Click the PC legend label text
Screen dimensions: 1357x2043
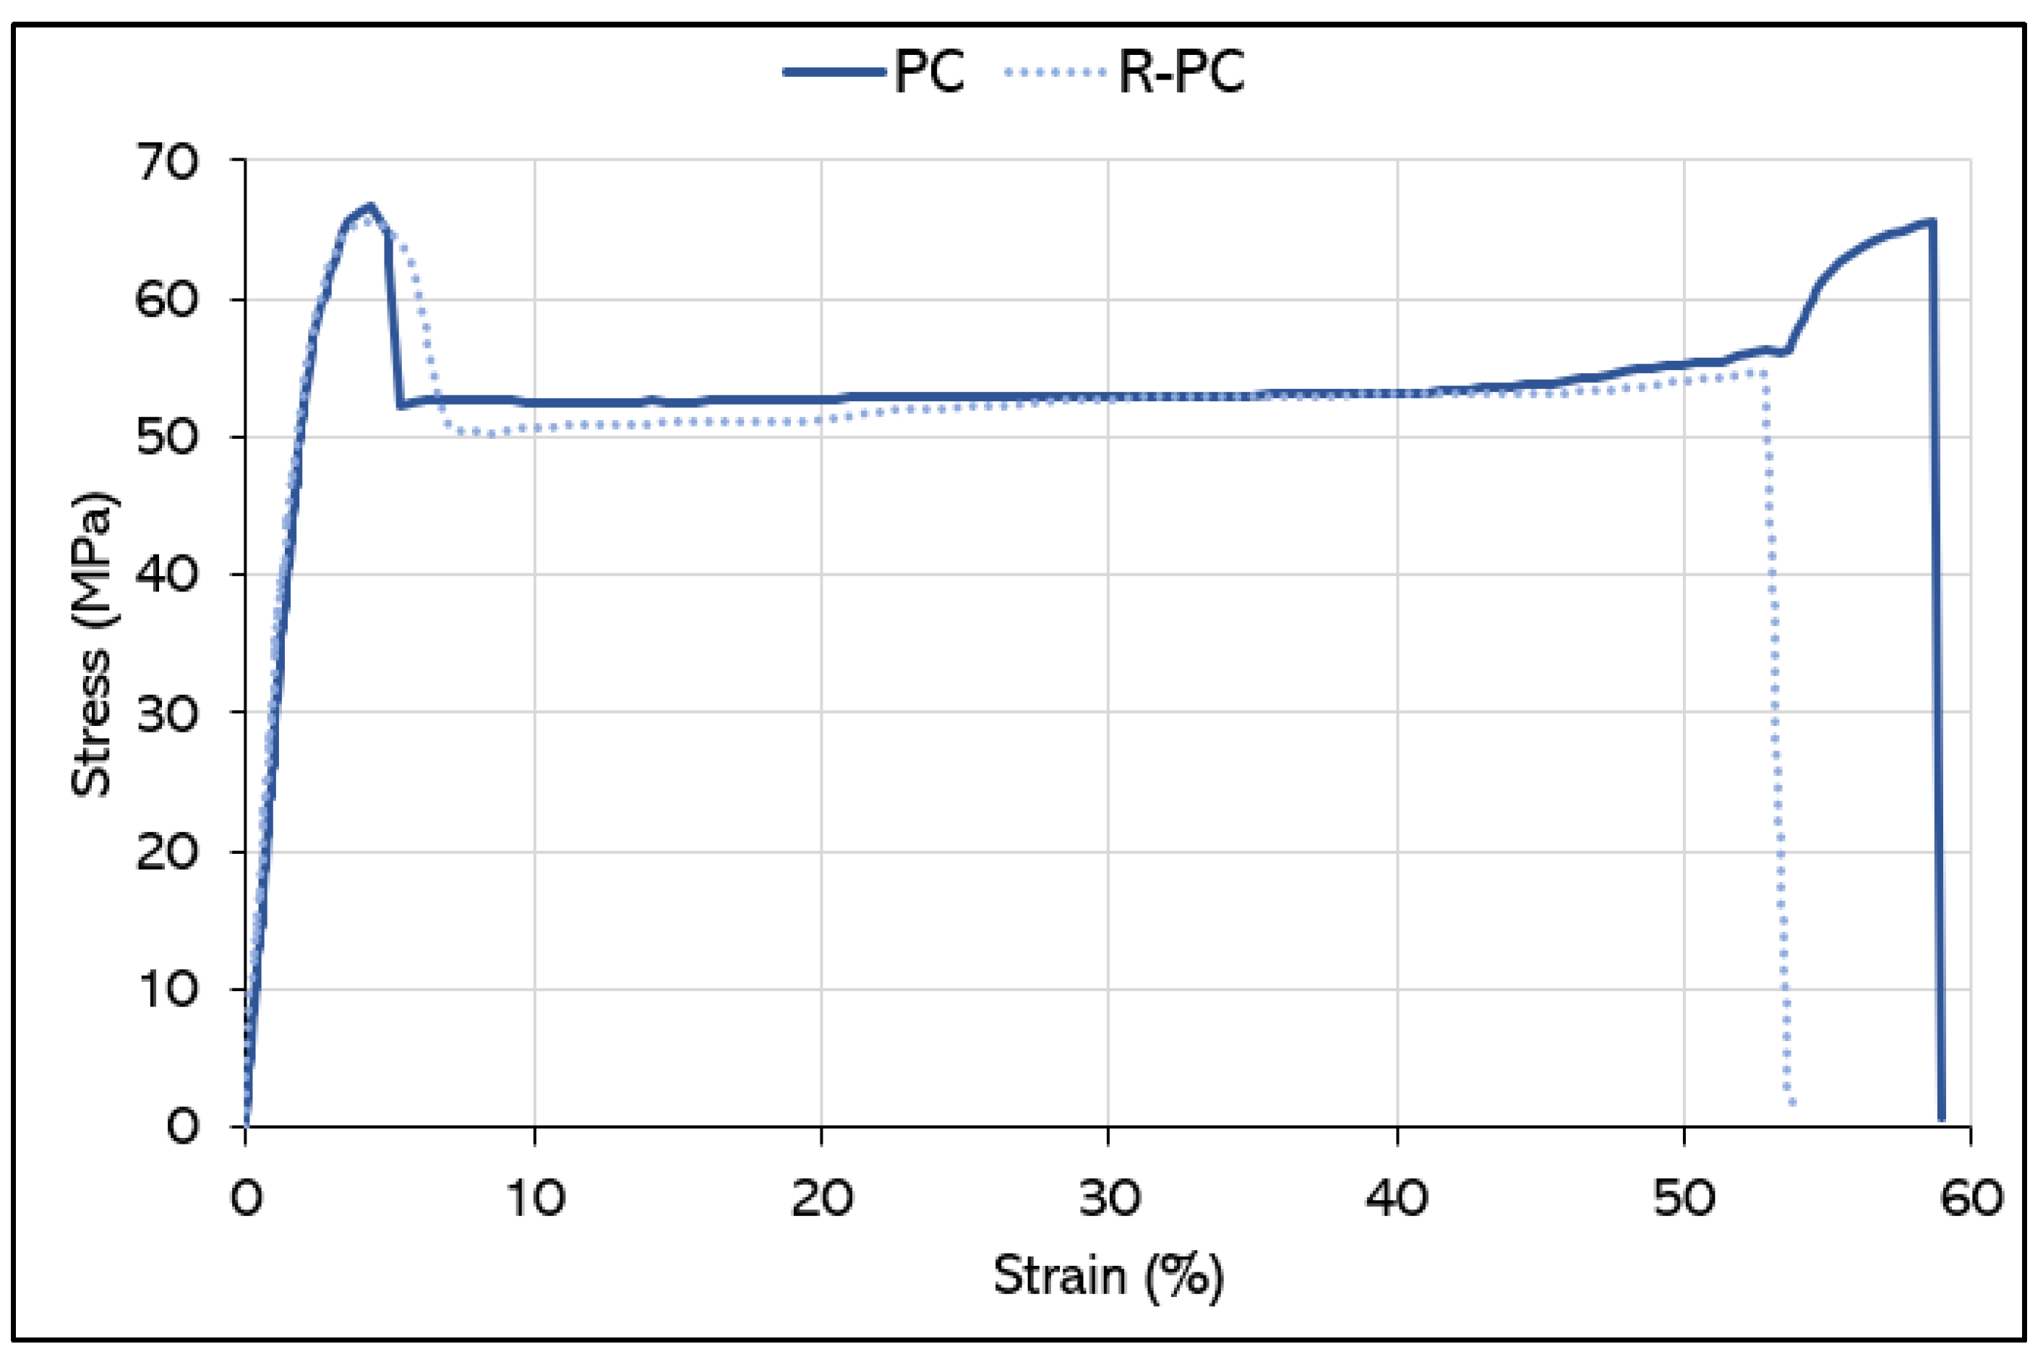928,71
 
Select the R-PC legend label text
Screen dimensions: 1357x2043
1181,71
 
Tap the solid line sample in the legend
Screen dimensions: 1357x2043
834,72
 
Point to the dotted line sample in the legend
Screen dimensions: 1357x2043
1055,72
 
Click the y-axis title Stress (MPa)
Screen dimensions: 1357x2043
92,645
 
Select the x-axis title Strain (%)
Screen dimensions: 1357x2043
1108,1275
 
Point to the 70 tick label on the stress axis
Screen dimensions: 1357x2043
168,162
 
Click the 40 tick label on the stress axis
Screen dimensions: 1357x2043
168,574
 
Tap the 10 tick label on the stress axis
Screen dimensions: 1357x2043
168,988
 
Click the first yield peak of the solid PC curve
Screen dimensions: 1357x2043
370,206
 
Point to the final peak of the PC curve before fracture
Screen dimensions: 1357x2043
1932,221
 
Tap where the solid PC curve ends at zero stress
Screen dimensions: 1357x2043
1942,1118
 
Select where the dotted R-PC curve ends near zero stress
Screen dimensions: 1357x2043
1792,1103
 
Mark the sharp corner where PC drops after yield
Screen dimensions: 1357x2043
400,405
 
